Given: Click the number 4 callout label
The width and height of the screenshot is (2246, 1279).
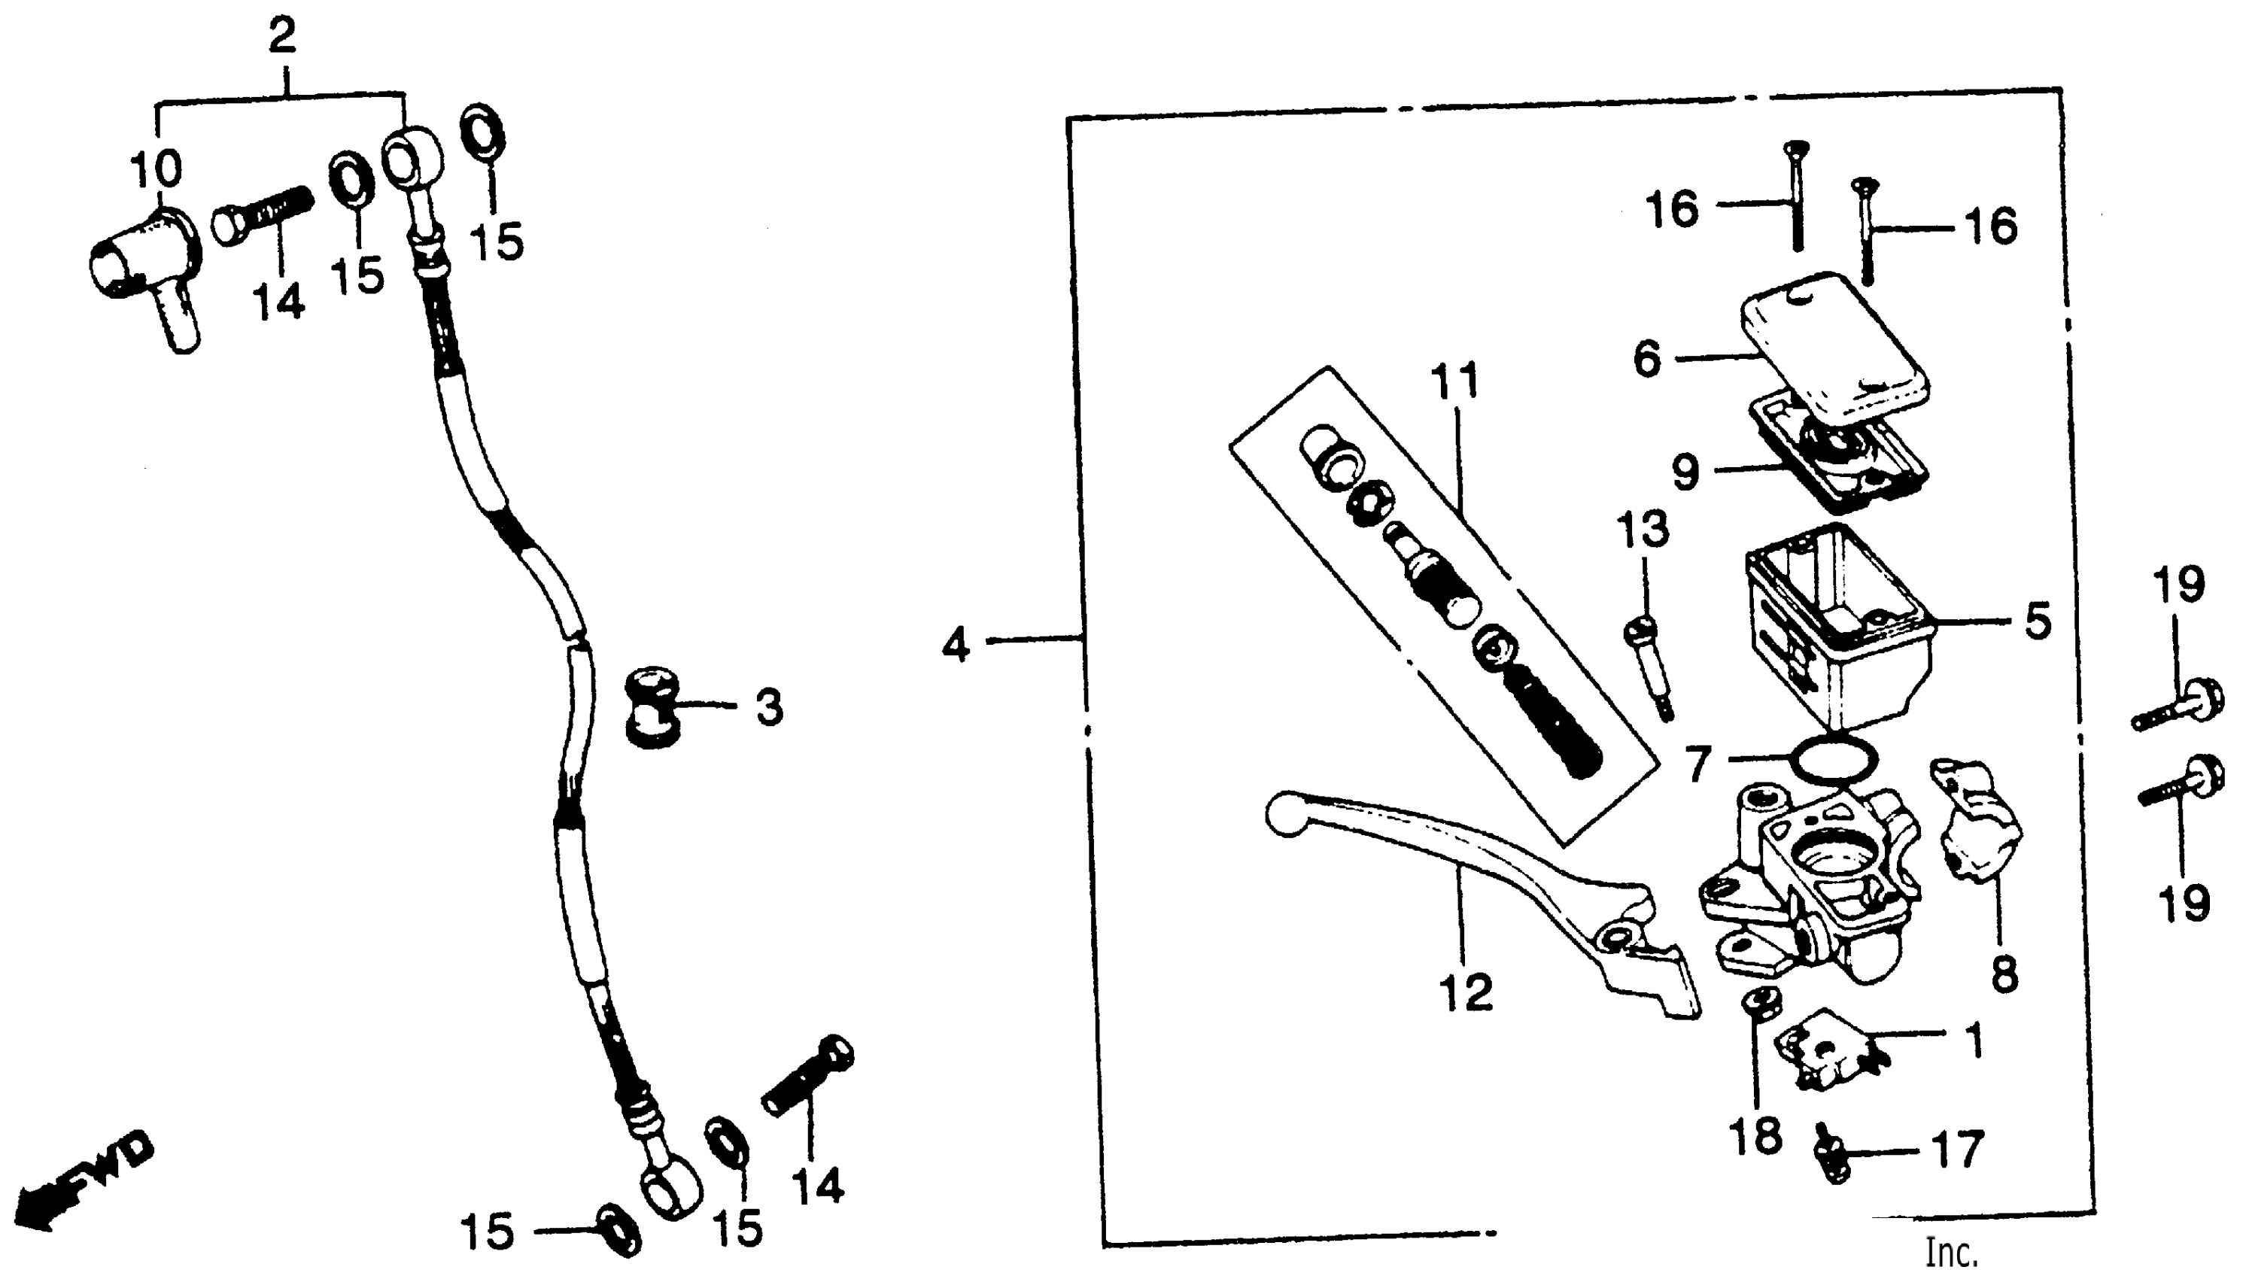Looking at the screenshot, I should click(x=955, y=646).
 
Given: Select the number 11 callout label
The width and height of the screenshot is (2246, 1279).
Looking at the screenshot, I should click(x=1454, y=381).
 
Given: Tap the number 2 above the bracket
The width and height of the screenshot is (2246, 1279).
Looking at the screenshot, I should click(x=281, y=36).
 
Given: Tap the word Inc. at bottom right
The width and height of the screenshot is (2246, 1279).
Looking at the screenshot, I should click(x=1952, y=1253).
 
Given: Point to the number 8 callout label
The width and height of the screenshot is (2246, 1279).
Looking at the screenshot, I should click(x=2004, y=973).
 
